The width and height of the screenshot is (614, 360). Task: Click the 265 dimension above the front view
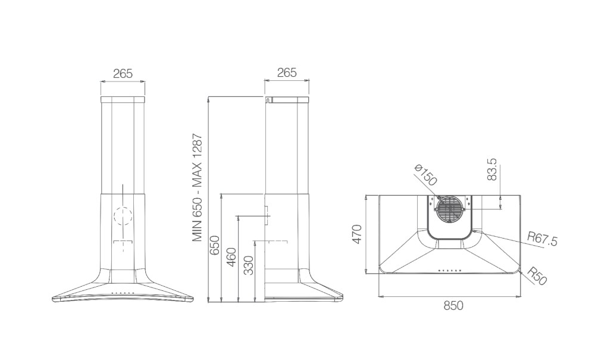pyautogui.click(x=123, y=73)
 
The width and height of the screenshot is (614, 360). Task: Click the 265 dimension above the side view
pyautogui.click(x=287, y=73)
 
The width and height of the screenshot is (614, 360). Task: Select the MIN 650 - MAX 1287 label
pyautogui.click(x=197, y=187)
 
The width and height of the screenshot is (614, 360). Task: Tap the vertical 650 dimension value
pyautogui.click(x=215, y=245)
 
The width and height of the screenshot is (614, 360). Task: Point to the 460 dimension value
pyautogui.click(x=231, y=258)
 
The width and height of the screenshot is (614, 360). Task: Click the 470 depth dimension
pyautogui.click(x=357, y=234)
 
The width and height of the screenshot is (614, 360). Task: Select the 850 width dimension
pyautogui.click(x=453, y=305)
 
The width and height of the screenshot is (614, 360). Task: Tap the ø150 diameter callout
pyautogui.click(x=425, y=175)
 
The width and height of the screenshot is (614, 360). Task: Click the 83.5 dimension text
pyautogui.click(x=492, y=169)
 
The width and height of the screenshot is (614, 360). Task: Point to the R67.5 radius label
pyautogui.click(x=542, y=239)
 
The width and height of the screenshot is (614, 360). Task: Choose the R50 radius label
pyautogui.click(x=537, y=276)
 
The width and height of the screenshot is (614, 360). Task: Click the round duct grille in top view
pyautogui.click(x=450, y=208)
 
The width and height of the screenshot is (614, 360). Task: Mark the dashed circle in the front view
pyautogui.click(x=123, y=216)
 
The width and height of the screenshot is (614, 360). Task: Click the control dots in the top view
pyautogui.click(x=450, y=270)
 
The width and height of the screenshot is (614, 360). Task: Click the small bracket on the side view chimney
pyautogui.click(x=266, y=216)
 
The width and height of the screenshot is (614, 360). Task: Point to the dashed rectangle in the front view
pyautogui.click(x=123, y=242)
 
